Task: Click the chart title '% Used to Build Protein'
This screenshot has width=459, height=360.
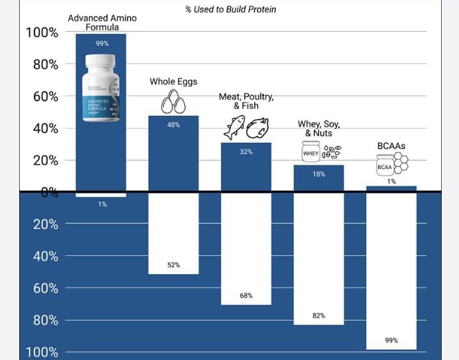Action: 230,10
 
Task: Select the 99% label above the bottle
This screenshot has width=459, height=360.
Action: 102,44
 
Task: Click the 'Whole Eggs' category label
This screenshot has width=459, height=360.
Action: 173,81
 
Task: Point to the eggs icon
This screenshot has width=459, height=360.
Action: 173,101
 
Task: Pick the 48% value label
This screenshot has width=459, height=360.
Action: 173,125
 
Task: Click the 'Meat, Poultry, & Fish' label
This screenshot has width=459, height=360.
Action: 246,101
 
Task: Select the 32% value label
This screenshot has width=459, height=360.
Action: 246,152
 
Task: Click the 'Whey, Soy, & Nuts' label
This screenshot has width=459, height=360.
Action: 318,128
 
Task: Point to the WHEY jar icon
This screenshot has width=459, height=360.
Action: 310,152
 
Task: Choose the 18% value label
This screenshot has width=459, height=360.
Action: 319,174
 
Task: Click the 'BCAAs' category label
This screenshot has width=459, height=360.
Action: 391,146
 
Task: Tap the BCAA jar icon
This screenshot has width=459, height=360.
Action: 384,167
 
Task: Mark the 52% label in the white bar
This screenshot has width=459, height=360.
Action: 173,265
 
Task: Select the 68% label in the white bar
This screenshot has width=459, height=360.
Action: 246,295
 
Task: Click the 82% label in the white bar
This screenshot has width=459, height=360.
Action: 319,315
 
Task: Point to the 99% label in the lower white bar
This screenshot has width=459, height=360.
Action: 391,340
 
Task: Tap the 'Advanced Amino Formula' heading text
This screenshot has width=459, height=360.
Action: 102,22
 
